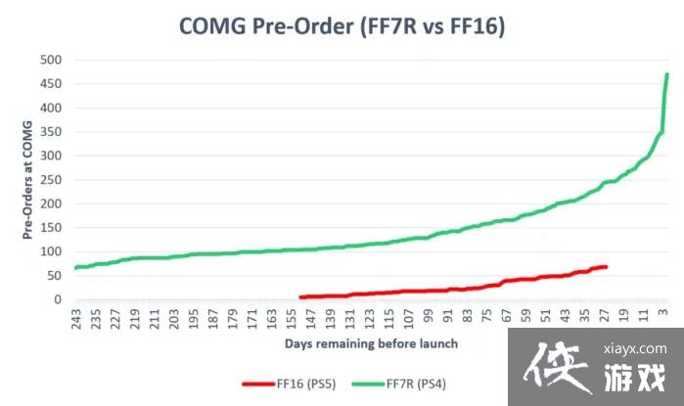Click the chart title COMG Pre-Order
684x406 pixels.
342,26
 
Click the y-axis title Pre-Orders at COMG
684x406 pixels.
27,180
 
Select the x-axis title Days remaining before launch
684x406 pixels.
371,344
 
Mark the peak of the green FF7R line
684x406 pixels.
667,74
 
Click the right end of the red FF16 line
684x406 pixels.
607,266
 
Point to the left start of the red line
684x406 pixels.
300,296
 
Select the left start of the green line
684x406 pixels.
74,267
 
